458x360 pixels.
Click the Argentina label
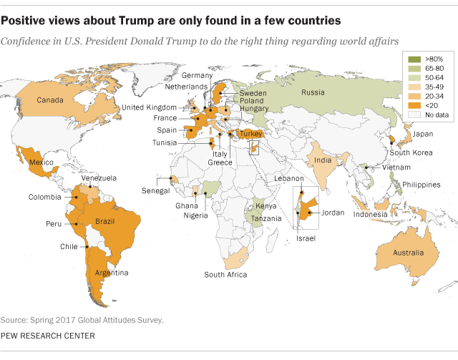coord(113,273)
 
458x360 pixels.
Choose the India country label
coord(323,160)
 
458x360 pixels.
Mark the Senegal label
coord(155,190)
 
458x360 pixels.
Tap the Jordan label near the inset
coord(333,213)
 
